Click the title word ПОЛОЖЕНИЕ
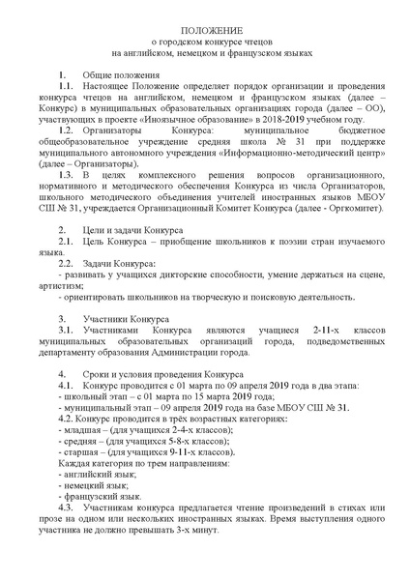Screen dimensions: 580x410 [205, 31]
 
